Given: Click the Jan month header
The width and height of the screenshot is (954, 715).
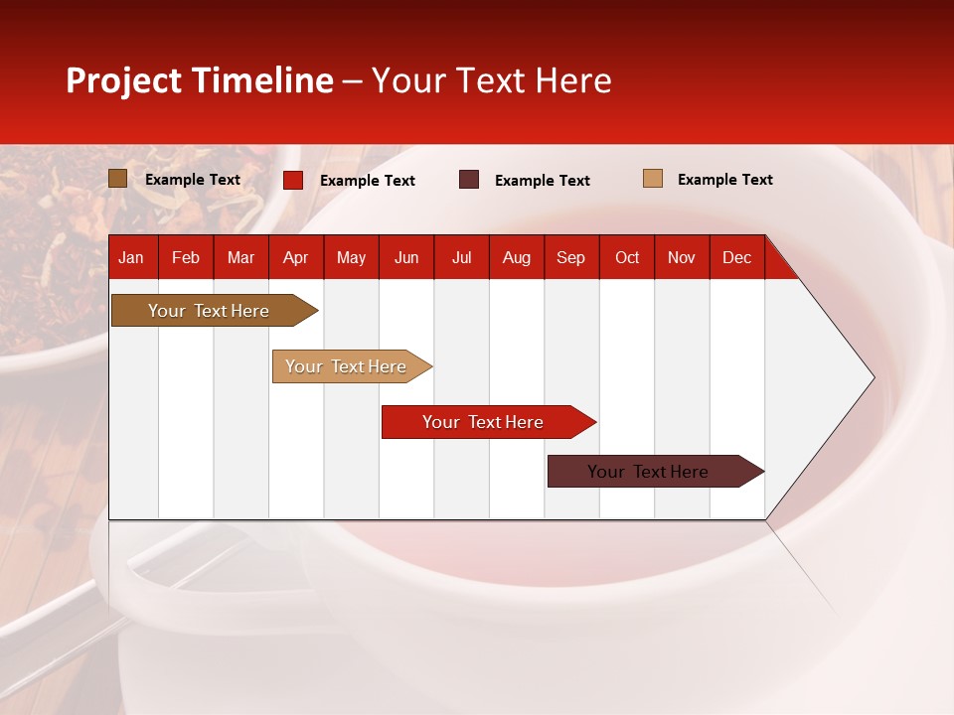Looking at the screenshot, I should pyautogui.click(x=131, y=257).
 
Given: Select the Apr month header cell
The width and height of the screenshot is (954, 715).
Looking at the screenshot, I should pyautogui.click(x=295, y=257).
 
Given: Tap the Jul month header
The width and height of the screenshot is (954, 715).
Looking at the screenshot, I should pyautogui.click(x=461, y=257).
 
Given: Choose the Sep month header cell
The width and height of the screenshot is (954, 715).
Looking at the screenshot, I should pyautogui.click(x=570, y=257).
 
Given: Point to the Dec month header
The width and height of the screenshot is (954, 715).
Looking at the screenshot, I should pyautogui.click(x=736, y=257).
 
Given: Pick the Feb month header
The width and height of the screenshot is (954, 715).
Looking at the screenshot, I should pyautogui.click(x=186, y=257).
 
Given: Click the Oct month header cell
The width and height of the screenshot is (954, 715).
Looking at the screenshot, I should pyautogui.click(x=627, y=257).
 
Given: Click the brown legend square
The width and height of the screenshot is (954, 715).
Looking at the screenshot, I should pyautogui.click(x=117, y=179).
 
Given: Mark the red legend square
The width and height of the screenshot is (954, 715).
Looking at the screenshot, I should pyautogui.click(x=293, y=180).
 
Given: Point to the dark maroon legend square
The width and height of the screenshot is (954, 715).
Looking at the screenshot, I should pyautogui.click(x=469, y=180).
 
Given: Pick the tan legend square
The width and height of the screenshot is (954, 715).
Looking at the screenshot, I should pyautogui.click(x=652, y=179).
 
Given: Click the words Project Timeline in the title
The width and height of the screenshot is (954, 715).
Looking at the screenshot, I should pyautogui.click(x=199, y=80).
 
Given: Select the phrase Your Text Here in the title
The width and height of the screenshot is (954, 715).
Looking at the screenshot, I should pyautogui.click(x=491, y=80).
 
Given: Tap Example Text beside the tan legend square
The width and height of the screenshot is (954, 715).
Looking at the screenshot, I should pyautogui.click(x=724, y=180).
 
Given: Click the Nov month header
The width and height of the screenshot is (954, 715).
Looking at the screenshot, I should pyautogui.click(x=682, y=257).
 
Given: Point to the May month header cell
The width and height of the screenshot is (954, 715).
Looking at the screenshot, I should pyautogui.click(x=351, y=257).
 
